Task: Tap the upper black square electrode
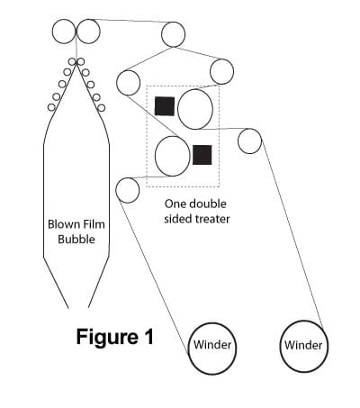tap(165, 106)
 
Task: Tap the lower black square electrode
tap(202, 155)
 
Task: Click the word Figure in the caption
tap(107, 338)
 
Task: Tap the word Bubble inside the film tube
tap(76, 240)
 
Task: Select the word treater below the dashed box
tap(212, 219)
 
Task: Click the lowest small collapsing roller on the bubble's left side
tap(51, 107)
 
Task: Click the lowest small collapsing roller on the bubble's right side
tap(102, 108)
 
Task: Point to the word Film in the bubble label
tap(93, 224)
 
